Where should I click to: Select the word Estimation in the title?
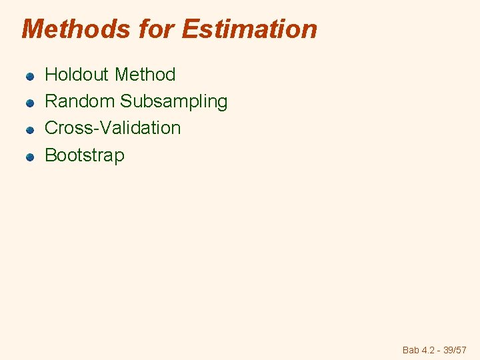tap(249, 29)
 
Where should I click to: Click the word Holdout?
tap(76, 75)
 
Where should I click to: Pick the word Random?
tap(79, 101)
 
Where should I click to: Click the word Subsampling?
tap(174, 102)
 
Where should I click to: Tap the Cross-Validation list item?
tap(113, 128)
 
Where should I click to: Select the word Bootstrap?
tap(84, 156)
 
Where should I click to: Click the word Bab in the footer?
tap(411, 350)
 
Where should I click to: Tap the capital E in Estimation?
tap(189, 29)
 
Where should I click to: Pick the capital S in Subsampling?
tap(126, 101)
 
